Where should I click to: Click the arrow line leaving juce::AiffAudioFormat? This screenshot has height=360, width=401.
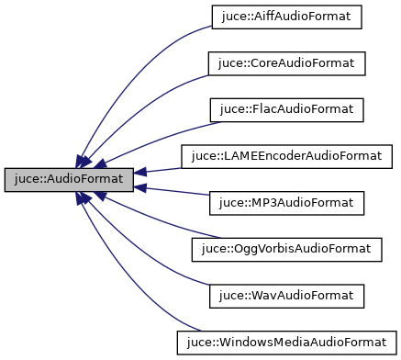147,55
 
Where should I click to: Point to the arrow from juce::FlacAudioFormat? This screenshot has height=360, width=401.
165,129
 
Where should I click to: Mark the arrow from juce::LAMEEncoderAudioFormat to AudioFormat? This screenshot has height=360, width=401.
161,169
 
